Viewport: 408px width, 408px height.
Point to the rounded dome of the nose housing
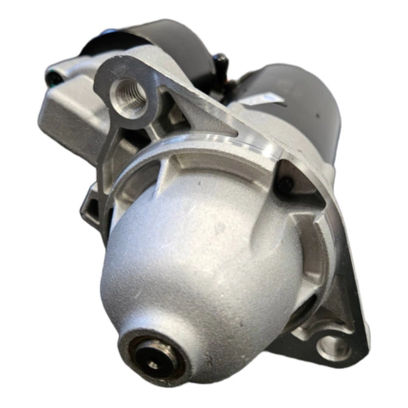(195, 263)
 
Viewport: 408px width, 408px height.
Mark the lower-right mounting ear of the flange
(336, 336)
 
